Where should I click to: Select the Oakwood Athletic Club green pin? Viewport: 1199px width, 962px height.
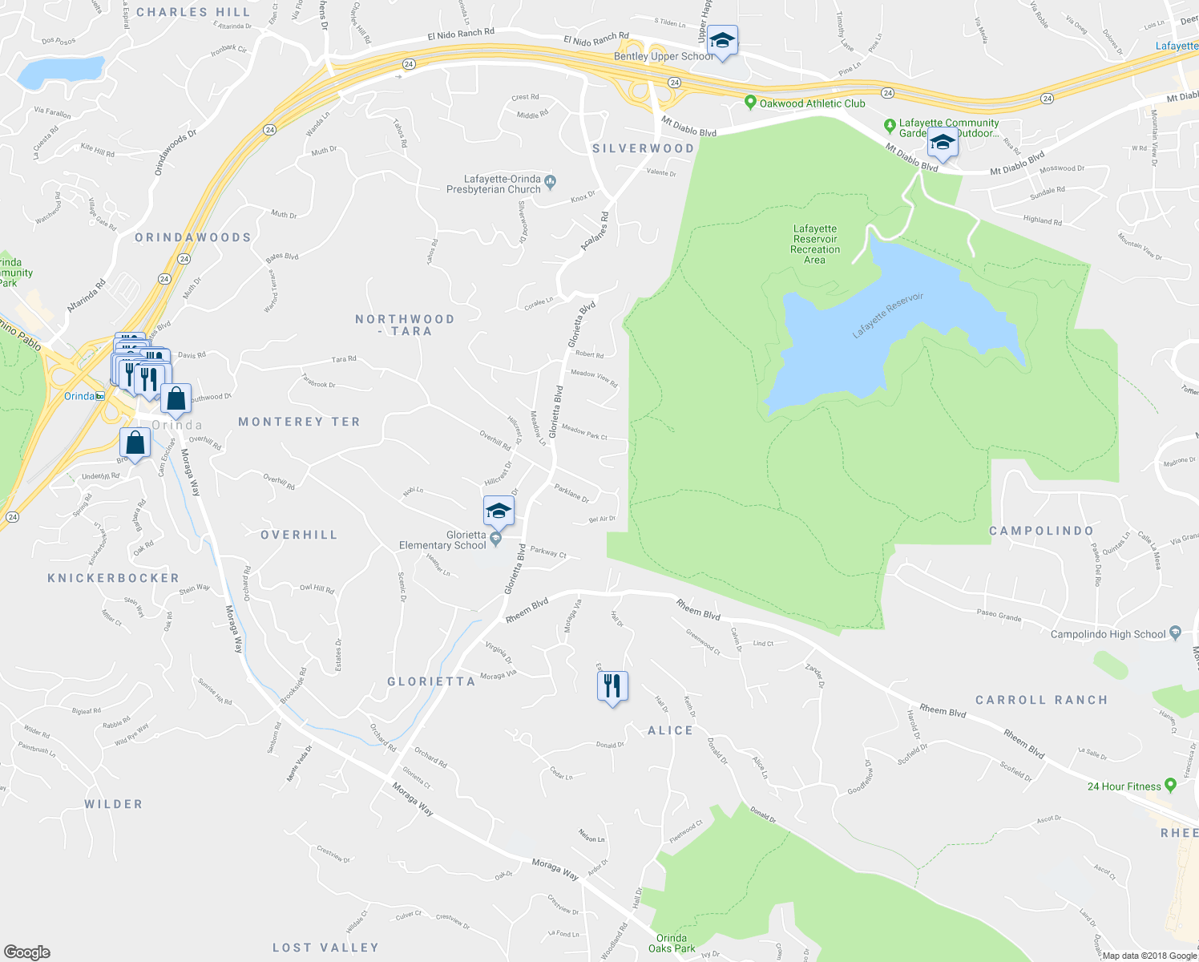click(x=750, y=103)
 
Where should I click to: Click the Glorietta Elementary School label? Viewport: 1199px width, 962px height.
click(x=442, y=540)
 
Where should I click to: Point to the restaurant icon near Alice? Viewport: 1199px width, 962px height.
click(x=612, y=687)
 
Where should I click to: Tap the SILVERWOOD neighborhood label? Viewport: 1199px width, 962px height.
click(x=643, y=148)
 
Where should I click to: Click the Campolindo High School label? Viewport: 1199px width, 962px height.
click(x=1108, y=634)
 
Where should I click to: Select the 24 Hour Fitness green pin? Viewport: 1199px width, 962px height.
click(x=1170, y=786)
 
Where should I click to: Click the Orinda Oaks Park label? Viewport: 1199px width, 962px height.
click(x=672, y=944)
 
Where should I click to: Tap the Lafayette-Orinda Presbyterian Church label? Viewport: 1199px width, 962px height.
click(x=494, y=184)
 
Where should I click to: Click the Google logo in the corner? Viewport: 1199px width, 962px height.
click(x=27, y=952)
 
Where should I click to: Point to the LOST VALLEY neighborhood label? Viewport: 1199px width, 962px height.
click(x=325, y=948)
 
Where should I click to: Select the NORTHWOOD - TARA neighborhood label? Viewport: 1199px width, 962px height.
click(x=405, y=325)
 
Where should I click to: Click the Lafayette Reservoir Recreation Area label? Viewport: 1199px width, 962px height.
click(x=815, y=244)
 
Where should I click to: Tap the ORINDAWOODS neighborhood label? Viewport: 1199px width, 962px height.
click(x=192, y=237)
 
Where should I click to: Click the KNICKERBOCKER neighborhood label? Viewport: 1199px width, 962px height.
click(x=113, y=578)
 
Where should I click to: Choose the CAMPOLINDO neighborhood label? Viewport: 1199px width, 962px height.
click(x=1041, y=531)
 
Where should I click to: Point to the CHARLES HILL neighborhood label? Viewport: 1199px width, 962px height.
click(x=193, y=12)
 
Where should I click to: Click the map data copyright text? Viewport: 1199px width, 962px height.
click(x=1149, y=956)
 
